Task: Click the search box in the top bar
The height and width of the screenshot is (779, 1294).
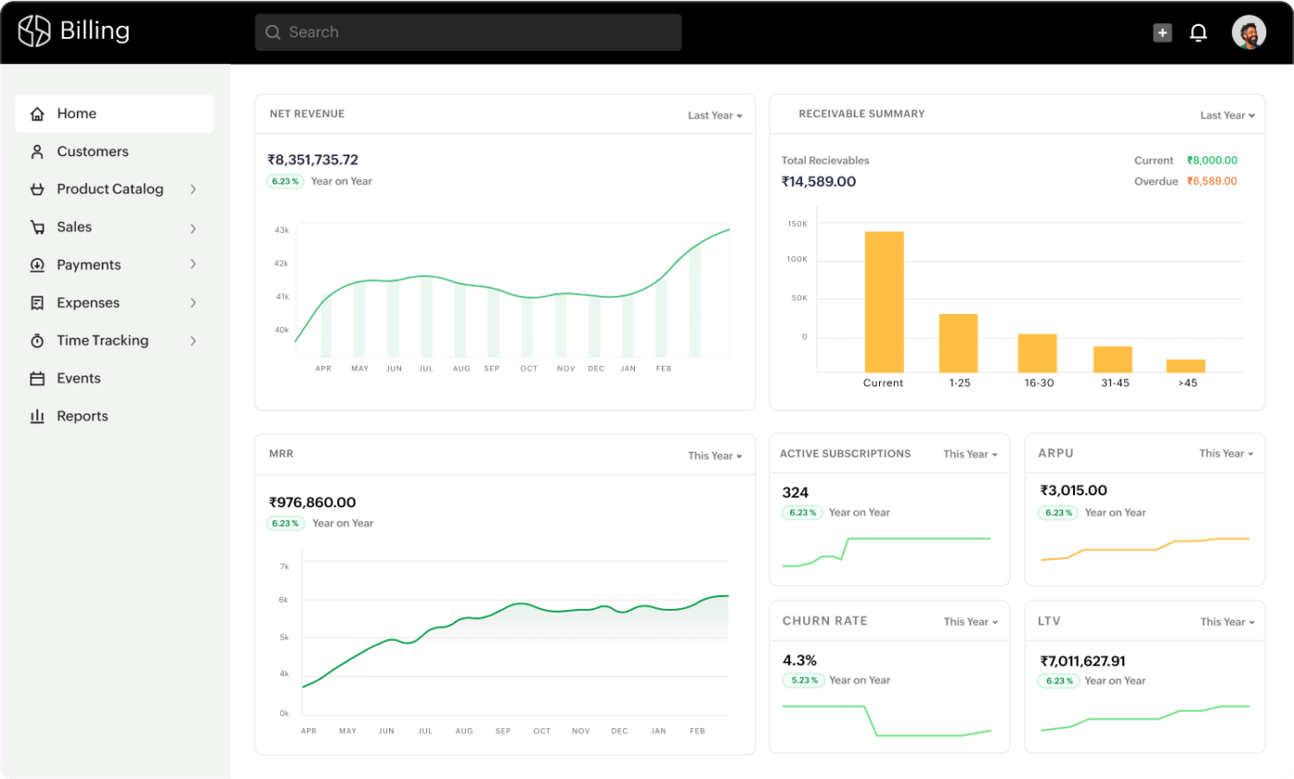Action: coord(468,32)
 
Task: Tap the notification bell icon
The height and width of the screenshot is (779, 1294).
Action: coord(1198,33)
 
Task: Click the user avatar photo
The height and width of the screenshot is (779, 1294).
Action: coord(1249,32)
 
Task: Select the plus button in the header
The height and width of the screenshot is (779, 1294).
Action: coord(1162,33)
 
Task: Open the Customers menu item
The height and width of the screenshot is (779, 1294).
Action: coord(92,152)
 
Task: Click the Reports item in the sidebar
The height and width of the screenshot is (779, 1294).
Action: coord(82,416)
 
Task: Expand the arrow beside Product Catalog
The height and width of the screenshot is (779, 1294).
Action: coord(193,189)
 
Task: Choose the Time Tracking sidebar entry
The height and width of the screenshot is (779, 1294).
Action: coord(102,340)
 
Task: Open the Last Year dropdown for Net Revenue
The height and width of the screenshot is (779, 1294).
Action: coord(714,116)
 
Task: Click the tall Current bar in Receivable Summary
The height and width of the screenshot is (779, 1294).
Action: coord(884,301)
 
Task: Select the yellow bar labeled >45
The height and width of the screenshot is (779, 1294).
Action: coord(1185,365)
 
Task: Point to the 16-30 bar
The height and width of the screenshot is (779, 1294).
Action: coord(1037,353)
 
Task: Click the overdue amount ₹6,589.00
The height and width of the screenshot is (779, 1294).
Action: coord(1212,181)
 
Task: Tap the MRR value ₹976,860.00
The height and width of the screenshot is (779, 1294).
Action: coord(312,503)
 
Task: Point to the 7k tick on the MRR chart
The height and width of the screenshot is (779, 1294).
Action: coord(284,566)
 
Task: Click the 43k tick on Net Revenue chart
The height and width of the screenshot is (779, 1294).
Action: coord(282,229)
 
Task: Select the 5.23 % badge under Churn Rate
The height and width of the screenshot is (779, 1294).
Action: coord(802,680)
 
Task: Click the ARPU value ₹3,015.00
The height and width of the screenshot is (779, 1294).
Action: coord(1073,491)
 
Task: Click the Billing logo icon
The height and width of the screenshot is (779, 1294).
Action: coord(35,31)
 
